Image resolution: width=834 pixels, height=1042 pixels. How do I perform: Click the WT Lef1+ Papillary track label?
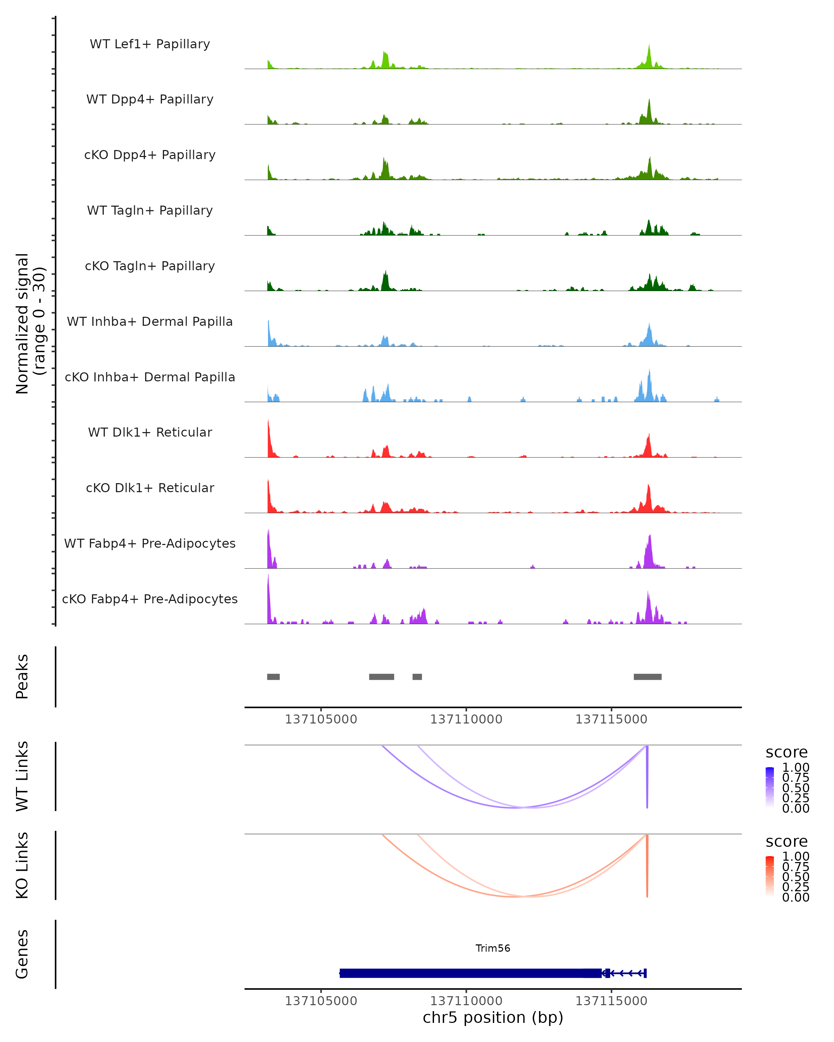pyautogui.click(x=150, y=44)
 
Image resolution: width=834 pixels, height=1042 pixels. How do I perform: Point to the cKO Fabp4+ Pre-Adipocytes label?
pyautogui.click(x=150, y=599)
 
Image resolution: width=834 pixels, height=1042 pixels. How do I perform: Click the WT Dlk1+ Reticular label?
pyautogui.click(x=150, y=432)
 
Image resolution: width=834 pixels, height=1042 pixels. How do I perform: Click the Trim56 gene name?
pyautogui.click(x=493, y=948)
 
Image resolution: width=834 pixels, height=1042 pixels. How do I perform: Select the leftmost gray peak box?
pyautogui.click(x=273, y=677)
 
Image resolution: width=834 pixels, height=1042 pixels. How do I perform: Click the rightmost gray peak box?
pyautogui.click(x=647, y=677)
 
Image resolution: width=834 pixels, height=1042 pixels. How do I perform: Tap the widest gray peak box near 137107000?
pyautogui.click(x=382, y=677)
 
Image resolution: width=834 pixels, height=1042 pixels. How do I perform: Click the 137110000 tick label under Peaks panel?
pyautogui.click(x=466, y=719)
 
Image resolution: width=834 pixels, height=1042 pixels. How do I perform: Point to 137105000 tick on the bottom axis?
pyautogui.click(x=321, y=1001)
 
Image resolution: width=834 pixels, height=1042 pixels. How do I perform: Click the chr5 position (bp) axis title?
pyautogui.click(x=493, y=1017)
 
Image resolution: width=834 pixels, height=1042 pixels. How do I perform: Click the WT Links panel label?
pyautogui.click(x=22, y=776)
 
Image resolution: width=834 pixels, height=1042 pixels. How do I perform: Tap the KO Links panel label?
pyautogui.click(x=22, y=865)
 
